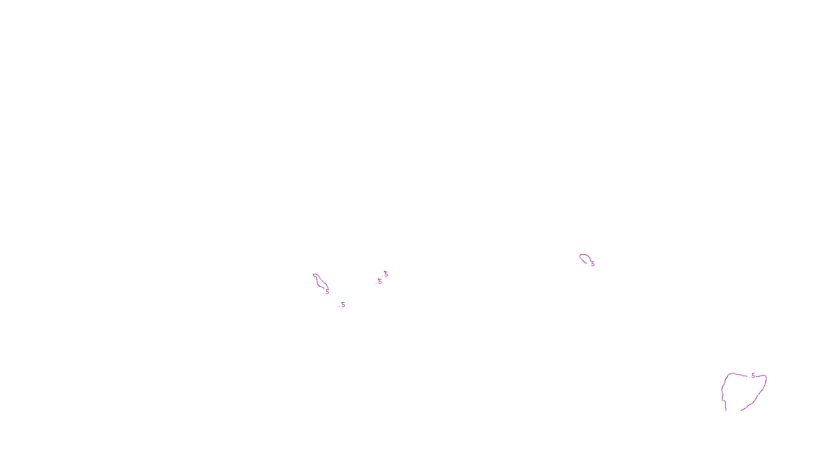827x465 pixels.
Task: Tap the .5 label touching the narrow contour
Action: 327,292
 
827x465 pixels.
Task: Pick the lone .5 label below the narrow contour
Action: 342,305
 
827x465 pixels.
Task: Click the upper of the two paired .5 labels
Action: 386,274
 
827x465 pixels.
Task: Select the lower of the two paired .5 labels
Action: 379,282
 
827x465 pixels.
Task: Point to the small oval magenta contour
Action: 584,257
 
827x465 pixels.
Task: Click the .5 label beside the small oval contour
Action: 592,264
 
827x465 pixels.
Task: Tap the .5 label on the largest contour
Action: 753,376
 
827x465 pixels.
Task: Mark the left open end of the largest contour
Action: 726,410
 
